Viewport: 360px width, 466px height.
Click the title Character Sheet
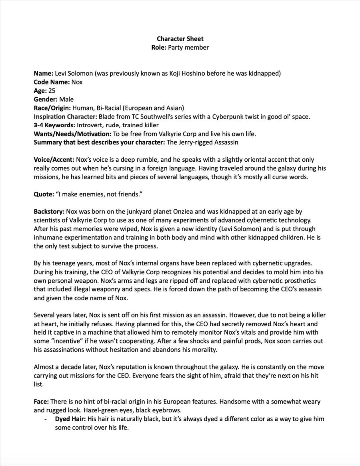tap(180, 39)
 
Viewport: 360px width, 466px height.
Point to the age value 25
tap(52, 90)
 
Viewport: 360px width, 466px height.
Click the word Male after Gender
tap(66, 99)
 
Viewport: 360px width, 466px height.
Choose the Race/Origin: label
tap(52, 108)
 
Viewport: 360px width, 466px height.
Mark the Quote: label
tap(44, 194)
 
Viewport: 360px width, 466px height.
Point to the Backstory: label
tap(49, 211)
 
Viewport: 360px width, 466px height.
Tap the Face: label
tap(41, 402)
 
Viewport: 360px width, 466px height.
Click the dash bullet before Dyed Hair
tap(46, 419)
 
